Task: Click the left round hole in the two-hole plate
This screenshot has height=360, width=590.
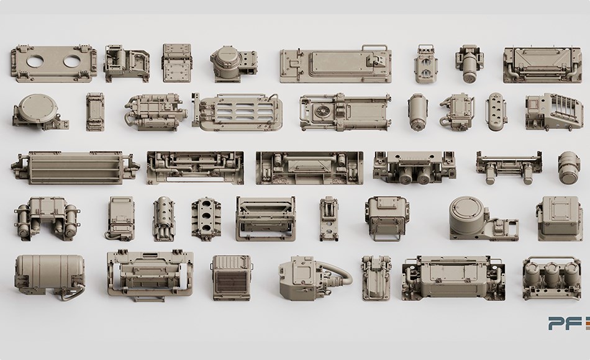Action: pyautogui.click(x=35, y=61)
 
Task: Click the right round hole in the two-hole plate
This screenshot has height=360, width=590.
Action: pyautogui.click(x=72, y=61)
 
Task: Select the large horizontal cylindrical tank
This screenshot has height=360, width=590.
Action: pyautogui.click(x=50, y=274)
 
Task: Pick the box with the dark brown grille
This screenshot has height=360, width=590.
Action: pyautogui.click(x=232, y=277)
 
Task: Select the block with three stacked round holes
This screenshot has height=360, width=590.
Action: pyautogui.click(x=206, y=218)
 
